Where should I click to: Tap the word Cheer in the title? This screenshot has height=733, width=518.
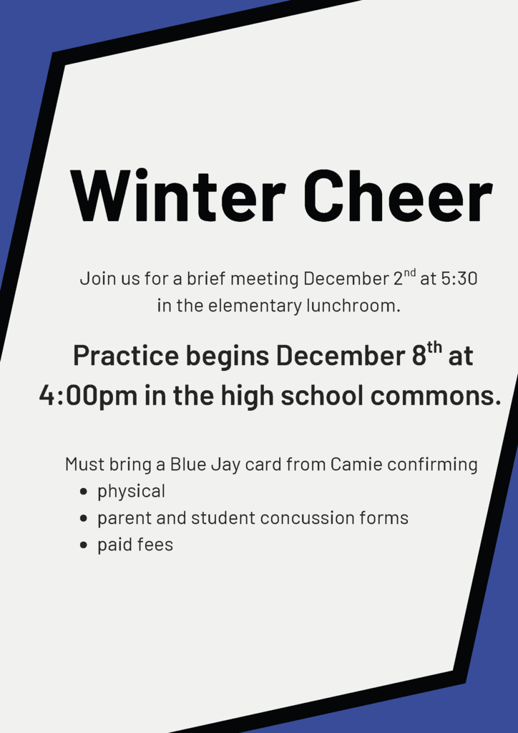click(x=398, y=196)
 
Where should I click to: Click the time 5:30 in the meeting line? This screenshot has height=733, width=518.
click(x=459, y=278)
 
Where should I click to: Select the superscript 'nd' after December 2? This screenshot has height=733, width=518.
click(x=409, y=273)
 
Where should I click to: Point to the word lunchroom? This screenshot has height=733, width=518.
click(x=353, y=306)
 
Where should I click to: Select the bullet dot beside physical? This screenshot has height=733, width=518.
click(x=84, y=492)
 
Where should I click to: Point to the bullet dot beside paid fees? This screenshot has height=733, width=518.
click(x=84, y=545)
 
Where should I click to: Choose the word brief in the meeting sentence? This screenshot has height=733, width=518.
click(x=207, y=278)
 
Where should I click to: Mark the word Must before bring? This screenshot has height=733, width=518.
click(x=84, y=464)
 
